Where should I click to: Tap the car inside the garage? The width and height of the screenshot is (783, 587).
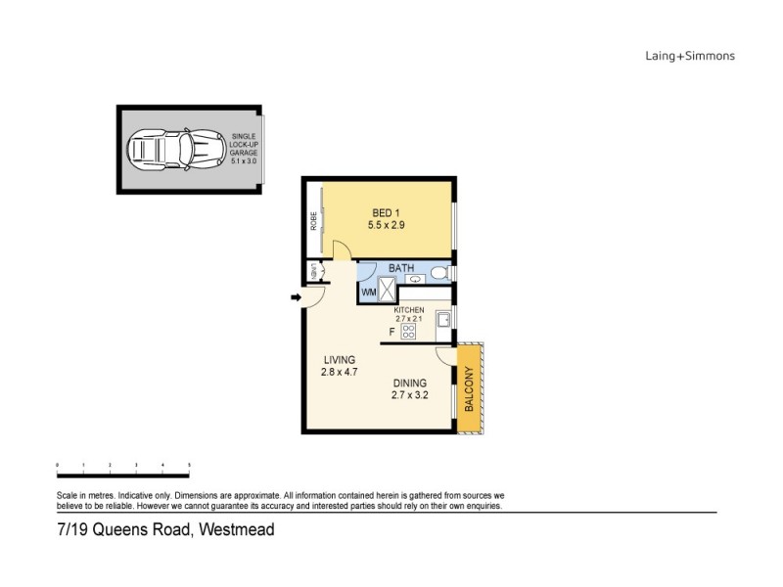pyautogui.click(x=172, y=151)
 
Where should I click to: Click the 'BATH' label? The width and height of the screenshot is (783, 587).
pyautogui.click(x=401, y=267)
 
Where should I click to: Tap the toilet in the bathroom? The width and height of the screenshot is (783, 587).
pyautogui.click(x=441, y=272)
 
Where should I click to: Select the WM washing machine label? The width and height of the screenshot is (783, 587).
pyautogui.click(x=369, y=292)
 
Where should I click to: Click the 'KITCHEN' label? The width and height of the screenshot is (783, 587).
pyautogui.click(x=409, y=310)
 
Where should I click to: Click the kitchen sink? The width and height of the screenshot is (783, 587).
pyautogui.click(x=442, y=319)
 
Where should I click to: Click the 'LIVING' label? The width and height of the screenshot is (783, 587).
pyautogui.click(x=337, y=360)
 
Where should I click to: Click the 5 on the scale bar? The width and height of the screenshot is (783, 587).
pyautogui.click(x=189, y=466)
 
